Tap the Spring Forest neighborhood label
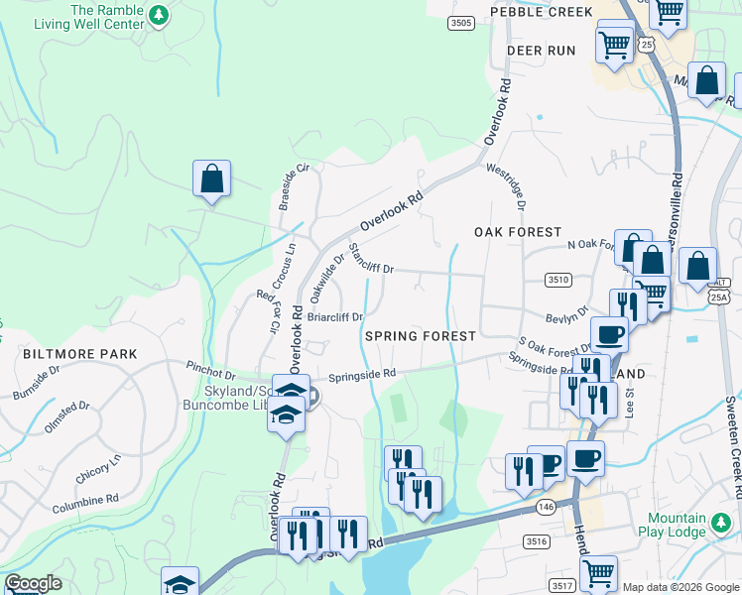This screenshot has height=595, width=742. [x=421, y=336]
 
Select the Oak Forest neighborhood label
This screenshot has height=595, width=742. [x=518, y=232]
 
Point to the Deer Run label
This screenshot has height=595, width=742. [x=541, y=50]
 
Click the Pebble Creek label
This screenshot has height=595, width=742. [x=541, y=12]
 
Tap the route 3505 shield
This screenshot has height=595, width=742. [x=460, y=23]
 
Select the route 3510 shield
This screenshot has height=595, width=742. [x=557, y=281]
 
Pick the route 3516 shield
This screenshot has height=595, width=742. [x=537, y=541]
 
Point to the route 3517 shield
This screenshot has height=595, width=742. [x=561, y=586]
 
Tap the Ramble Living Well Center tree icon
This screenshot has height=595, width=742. [x=157, y=15]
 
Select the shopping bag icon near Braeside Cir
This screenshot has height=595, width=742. [x=211, y=179]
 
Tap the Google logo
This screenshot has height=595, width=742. [x=33, y=583]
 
